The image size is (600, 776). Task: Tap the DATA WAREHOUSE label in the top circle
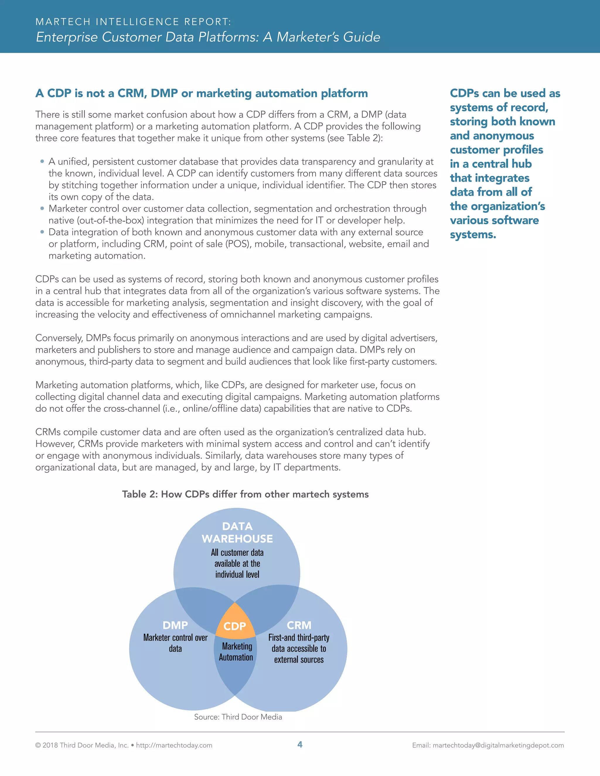tap(237, 532)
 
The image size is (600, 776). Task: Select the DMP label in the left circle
tap(175, 625)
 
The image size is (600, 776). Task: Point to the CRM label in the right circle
tap(299, 625)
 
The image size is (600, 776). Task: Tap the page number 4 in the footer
tap(300, 744)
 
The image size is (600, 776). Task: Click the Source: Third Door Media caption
tap(238, 717)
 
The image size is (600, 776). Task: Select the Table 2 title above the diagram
tap(245, 494)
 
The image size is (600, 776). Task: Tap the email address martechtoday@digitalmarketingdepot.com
tap(498, 745)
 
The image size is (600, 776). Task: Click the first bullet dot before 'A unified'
tap(42, 161)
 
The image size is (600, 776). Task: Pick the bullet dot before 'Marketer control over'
tap(42, 208)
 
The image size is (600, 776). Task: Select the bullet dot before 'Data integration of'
tap(42, 232)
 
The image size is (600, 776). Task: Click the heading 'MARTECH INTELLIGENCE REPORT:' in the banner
tap(133, 22)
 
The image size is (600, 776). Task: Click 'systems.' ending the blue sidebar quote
tap(473, 235)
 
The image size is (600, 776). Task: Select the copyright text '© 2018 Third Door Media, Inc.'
tap(82, 745)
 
